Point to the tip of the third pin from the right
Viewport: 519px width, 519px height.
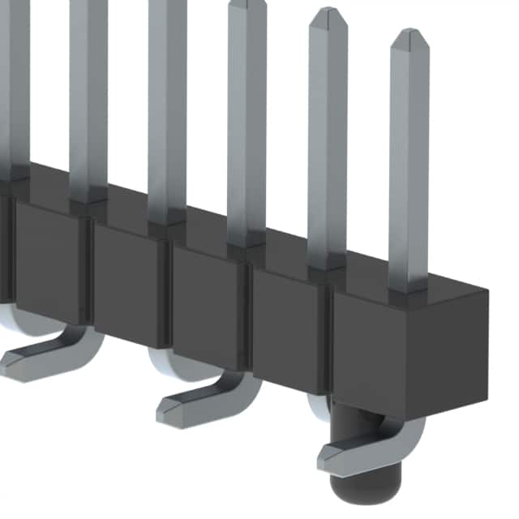247,5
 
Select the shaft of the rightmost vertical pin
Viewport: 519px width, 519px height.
409,162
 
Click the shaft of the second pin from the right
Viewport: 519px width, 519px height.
328,146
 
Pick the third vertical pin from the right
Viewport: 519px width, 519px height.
247,130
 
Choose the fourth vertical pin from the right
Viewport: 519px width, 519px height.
167,114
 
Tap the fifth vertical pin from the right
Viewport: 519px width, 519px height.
88,97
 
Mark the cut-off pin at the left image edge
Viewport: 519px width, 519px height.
14,81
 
